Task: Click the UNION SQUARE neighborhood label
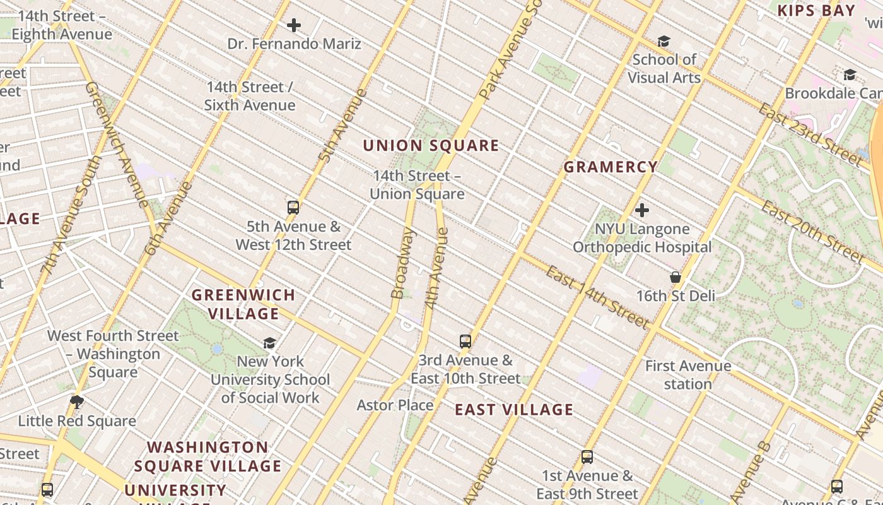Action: coord(431,146)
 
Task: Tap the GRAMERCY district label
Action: coord(610,167)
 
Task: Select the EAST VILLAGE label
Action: coord(514,410)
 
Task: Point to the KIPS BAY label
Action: coord(816,11)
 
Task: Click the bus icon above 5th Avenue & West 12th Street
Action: coord(293,208)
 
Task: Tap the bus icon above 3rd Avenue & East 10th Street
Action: coord(465,342)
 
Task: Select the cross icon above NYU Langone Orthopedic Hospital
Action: coord(642,210)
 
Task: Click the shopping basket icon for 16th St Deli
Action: coord(675,277)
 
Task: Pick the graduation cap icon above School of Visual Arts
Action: coord(664,42)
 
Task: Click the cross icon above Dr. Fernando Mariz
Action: coord(294,25)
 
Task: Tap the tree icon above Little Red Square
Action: coord(77,402)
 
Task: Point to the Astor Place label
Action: coord(395,405)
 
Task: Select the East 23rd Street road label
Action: coord(810,135)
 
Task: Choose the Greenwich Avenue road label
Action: coord(117,144)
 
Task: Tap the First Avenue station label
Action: coord(687,374)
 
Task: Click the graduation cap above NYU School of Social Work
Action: coord(270,343)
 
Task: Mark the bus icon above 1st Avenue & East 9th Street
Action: coord(587,457)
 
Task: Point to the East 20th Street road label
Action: coord(812,232)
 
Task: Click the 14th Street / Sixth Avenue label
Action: coord(250,96)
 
